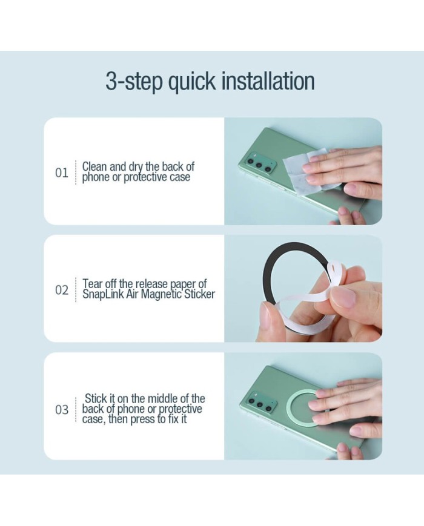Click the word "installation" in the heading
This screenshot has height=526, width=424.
click(x=268, y=81)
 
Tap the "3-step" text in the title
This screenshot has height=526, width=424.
click(x=134, y=82)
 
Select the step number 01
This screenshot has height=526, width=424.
click(x=61, y=173)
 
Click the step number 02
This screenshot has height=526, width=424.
click(x=61, y=290)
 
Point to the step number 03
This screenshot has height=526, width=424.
click(x=61, y=410)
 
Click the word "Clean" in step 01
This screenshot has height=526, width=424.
click(x=94, y=166)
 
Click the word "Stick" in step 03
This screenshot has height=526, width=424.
click(x=96, y=398)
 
